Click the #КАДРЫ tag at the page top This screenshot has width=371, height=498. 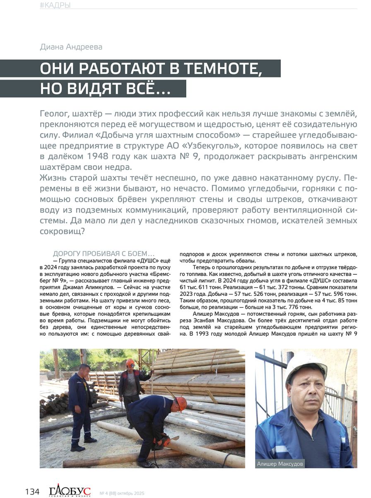[55, 5]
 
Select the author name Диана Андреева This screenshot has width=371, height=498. [71, 47]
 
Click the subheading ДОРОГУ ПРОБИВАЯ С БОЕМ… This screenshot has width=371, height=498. [104, 254]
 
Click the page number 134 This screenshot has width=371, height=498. [32, 492]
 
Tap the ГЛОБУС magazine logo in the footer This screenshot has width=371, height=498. [70, 491]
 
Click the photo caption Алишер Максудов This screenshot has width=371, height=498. [280, 464]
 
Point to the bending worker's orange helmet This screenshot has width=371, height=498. [180, 403]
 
